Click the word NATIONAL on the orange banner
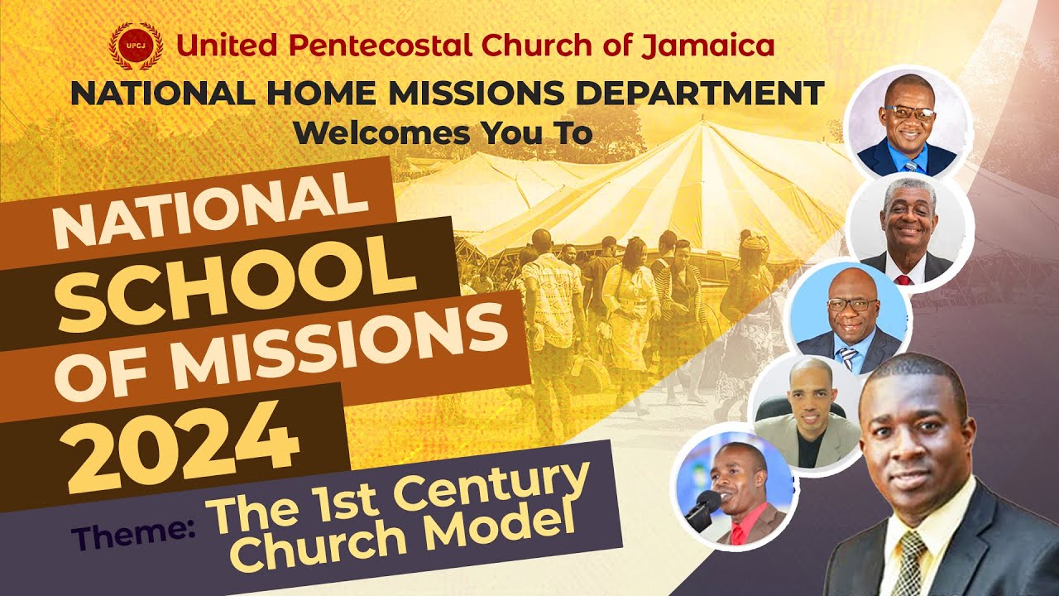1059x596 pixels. point(211,213)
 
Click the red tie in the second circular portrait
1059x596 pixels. point(903,279)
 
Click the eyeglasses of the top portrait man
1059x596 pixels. point(908,113)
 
